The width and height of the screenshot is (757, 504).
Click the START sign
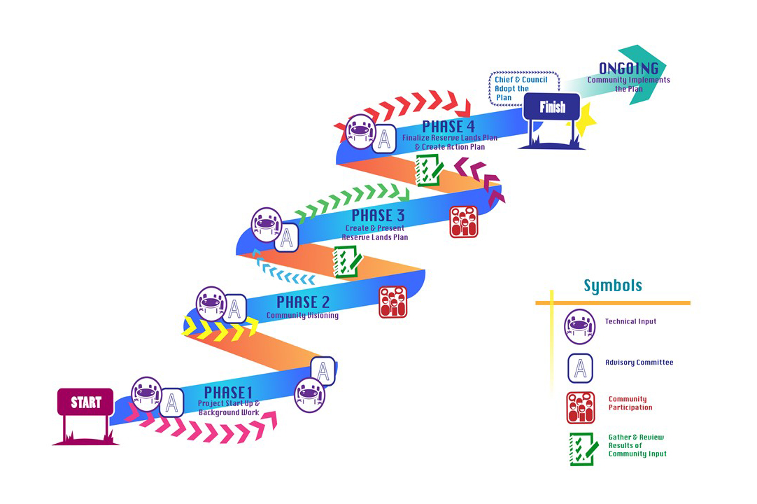click(85, 402)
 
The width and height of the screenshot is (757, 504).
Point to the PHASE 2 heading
click(302, 302)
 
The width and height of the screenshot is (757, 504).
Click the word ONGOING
click(628, 69)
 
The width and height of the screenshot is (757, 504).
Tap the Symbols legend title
click(613, 286)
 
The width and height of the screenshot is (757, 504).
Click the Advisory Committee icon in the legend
click(581, 368)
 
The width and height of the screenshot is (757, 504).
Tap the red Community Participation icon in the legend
click(581, 408)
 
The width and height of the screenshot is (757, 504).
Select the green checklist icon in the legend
click(583, 449)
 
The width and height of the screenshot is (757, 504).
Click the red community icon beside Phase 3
click(463, 221)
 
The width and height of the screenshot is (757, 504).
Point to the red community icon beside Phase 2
click(393, 302)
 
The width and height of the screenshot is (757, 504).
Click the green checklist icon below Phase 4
click(428, 170)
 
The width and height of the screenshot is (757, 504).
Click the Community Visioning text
click(302, 316)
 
